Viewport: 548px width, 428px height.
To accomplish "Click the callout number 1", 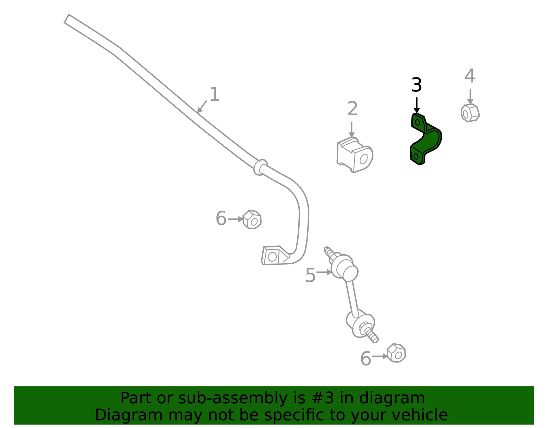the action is coord(215,94).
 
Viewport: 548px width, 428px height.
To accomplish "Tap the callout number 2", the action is coord(352,108).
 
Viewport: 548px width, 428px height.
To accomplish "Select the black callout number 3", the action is coord(416,85).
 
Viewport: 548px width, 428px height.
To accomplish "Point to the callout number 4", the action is coord(470,75).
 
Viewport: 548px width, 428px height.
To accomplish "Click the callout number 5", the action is coord(310,275).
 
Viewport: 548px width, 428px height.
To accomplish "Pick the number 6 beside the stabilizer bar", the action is coord(221,218).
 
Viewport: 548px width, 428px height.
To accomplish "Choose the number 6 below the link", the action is coord(366,358).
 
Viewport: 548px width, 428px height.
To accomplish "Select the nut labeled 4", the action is coord(470,113).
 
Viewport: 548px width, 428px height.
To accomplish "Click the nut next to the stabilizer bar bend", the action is coord(252,219).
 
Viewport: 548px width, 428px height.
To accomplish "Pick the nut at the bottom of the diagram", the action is coord(396,353).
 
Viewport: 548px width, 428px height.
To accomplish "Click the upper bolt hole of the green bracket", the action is coord(418,123).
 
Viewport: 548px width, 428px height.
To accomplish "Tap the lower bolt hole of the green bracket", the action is coord(416,156).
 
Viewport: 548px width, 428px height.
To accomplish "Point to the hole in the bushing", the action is coord(363,159).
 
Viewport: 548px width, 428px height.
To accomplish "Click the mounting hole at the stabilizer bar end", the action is coord(272,257).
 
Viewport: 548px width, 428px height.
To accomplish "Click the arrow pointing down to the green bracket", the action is coord(416,105).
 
